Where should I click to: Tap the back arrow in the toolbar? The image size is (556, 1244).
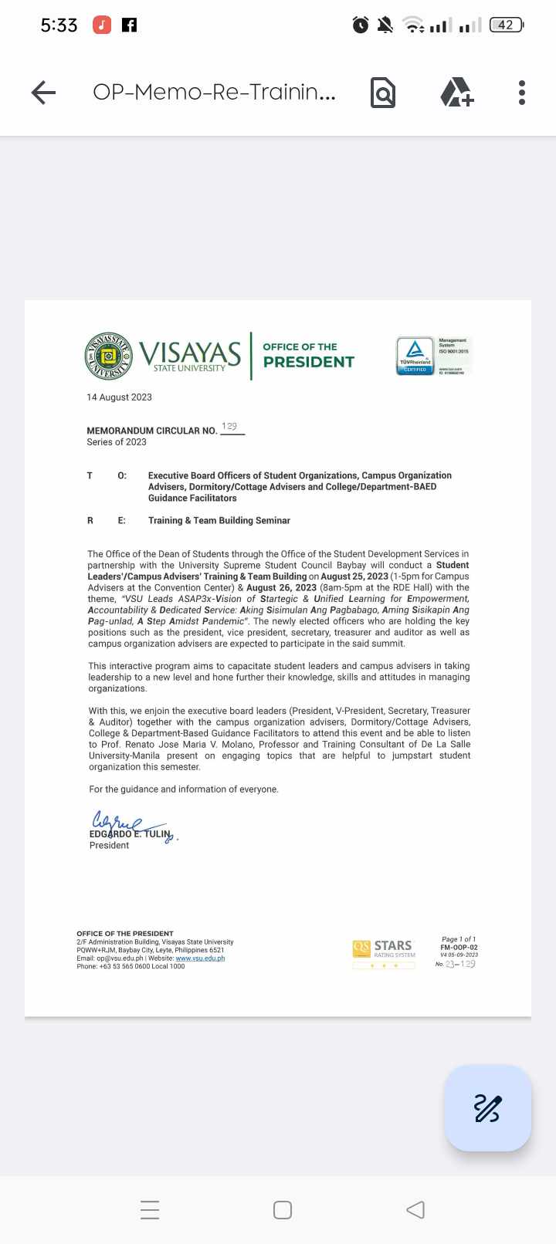click(44, 93)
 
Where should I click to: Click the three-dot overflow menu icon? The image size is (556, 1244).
click(522, 93)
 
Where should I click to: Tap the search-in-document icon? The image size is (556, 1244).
click(383, 93)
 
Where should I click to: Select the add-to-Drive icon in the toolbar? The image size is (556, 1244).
click(456, 93)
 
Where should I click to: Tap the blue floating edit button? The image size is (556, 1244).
click(487, 1108)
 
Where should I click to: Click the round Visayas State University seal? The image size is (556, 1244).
click(109, 357)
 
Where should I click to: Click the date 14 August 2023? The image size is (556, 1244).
click(119, 397)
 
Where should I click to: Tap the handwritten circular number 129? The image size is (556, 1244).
click(229, 427)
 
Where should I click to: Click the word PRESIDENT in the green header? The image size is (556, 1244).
click(309, 362)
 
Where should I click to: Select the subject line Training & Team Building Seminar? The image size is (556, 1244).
click(219, 521)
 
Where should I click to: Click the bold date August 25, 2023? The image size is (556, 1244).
click(354, 576)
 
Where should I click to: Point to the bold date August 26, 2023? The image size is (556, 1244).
click(282, 587)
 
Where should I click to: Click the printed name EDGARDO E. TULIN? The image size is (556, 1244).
click(129, 834)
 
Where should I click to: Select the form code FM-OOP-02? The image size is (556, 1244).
click(459, 948)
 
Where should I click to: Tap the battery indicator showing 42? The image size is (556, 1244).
click(507, 25)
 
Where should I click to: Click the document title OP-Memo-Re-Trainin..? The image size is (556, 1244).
click(214, 93)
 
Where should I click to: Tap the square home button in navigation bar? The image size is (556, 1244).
click(283, 1209)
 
